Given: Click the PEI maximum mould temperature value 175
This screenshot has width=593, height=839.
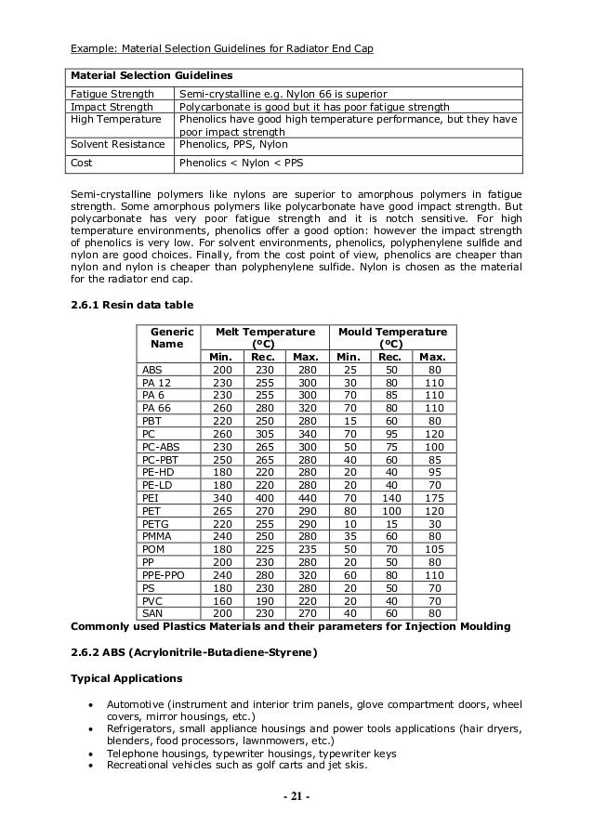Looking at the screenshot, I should pyautogui.click(x=431, y=497).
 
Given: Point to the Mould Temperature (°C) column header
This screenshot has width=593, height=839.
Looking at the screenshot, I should pyautogui.click(x=391, y=338).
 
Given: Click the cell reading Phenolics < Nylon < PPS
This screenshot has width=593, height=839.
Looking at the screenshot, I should pyautogui.click(x=240, y=162).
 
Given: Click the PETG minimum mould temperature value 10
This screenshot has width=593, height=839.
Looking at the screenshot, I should pyautogui.click(x=347, y=523).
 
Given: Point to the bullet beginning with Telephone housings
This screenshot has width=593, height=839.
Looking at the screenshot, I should pyautogui.click(x=251, y=754).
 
